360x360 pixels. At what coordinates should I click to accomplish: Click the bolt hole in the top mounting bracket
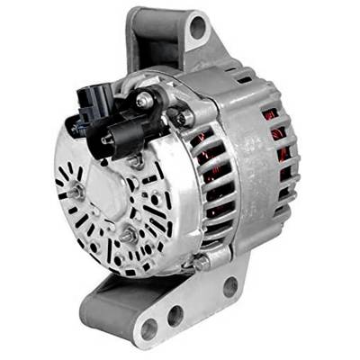click(x=197, y=30)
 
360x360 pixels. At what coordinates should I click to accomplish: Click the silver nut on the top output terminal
click(x=144, y=100)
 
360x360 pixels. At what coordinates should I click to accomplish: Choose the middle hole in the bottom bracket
click(x=175, y=315)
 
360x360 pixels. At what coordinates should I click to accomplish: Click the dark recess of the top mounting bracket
click(x=144, y=45)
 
